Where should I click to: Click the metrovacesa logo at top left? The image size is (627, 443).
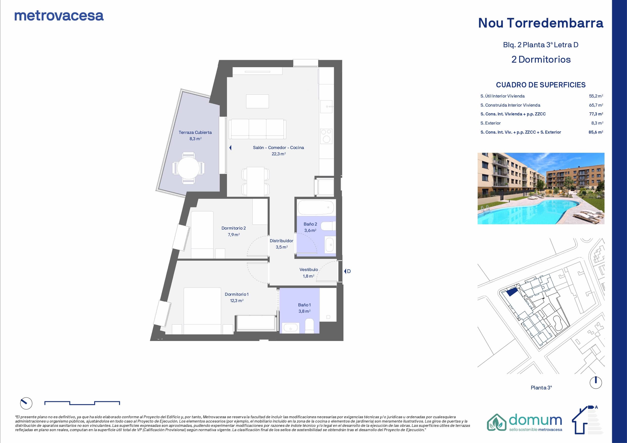59,16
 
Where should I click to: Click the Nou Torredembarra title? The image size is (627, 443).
541,23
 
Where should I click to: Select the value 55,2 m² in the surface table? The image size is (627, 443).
596,96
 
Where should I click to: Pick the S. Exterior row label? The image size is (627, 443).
491,123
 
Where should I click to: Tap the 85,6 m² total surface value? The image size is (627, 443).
596,132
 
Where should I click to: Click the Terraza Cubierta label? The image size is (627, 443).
195,132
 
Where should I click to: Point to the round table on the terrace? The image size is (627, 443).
189,168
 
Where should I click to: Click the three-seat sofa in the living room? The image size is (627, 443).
258,129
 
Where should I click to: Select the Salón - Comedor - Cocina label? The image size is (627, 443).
278,148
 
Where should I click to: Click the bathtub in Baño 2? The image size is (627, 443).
316,208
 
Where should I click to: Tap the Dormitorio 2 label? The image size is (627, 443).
234,228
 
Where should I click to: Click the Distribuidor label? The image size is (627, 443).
281,241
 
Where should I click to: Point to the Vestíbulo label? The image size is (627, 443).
309,270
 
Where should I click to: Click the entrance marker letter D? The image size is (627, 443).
349,271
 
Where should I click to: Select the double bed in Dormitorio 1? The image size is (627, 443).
202,311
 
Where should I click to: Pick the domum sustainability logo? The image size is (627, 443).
525,423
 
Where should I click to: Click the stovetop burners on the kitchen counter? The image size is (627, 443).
326,136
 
